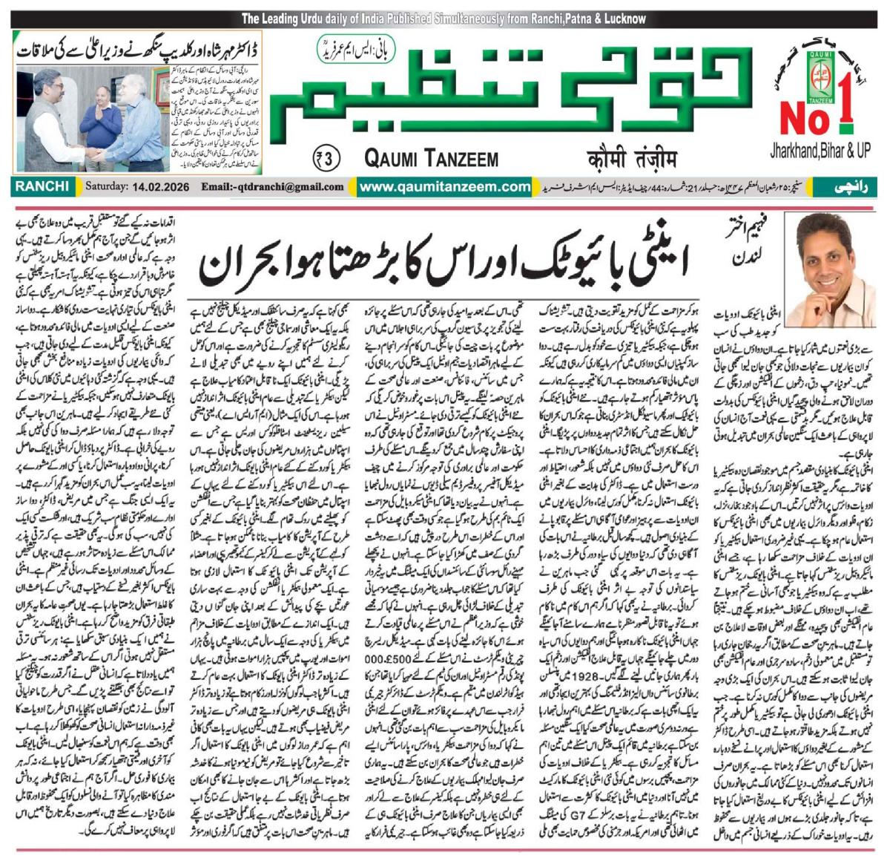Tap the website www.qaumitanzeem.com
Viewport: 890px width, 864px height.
click(445, 187)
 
